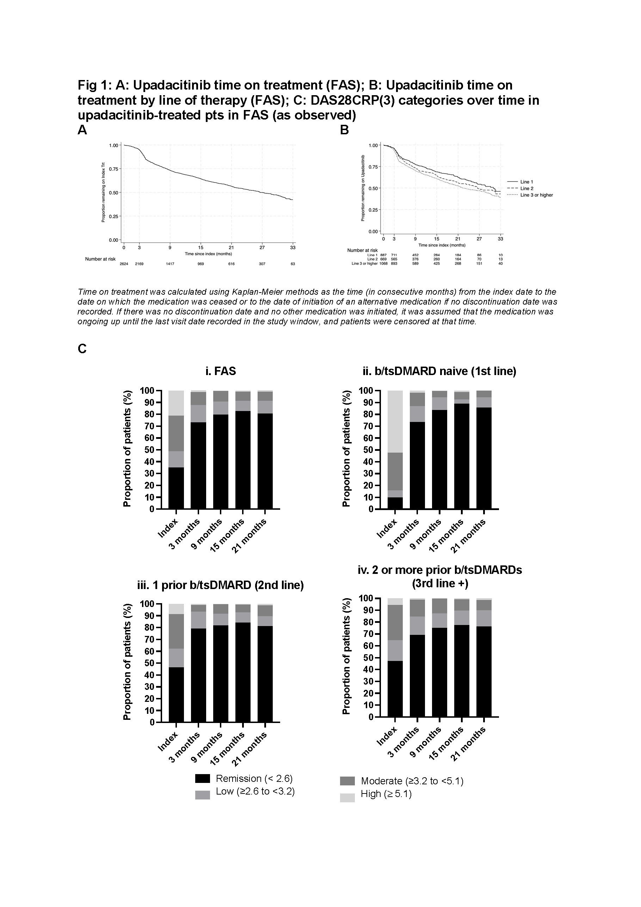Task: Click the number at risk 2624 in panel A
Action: point(124,264)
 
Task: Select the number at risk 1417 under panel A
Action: point(170,264)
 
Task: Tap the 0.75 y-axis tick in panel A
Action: point(113,169)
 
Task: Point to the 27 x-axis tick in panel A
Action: point(262,248)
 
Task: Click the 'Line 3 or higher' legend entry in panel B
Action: point(536,195)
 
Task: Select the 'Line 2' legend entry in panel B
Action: point(526,189)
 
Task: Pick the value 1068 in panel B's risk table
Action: point(383,263)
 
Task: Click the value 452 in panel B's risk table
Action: point(415,255)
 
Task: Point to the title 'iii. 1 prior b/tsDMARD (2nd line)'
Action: point(220,585)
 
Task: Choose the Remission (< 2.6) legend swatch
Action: point(203,779)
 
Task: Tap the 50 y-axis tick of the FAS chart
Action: point(149,450)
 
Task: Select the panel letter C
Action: point(82,349)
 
